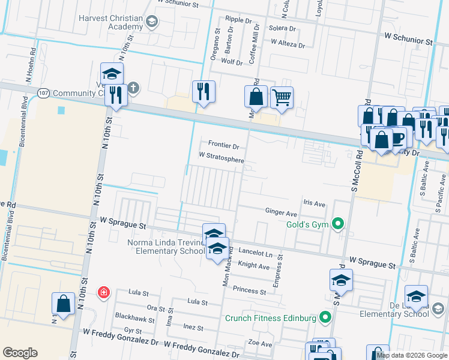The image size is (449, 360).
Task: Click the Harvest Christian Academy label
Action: click(111, 22)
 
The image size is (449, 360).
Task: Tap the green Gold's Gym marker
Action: click(338, 224)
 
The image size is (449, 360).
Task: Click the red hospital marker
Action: click(104, 292)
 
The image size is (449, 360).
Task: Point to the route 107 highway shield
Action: click(43, 93)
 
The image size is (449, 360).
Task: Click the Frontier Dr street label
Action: click(223, 146)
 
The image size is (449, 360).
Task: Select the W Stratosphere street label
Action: click(221, 160)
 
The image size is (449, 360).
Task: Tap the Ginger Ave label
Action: click(281, 213)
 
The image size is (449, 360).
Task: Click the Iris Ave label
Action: click(314, 203)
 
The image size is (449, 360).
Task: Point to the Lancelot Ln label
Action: click(255, 254)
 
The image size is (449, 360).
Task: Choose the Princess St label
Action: click(249, 291)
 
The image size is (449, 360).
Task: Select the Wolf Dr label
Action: click(232, 62)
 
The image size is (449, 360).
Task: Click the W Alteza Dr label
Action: click(288, 43)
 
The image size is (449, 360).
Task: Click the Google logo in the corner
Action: click(20, 353)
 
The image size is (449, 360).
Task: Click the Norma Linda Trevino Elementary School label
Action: click(166, 247)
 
